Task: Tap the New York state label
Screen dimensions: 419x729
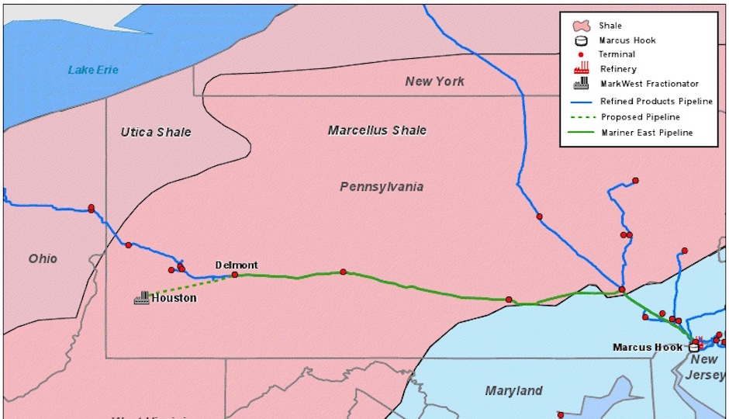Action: [434, 81]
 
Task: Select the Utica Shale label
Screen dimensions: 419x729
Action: [155, 132]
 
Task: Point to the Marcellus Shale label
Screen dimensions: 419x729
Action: [377, 130]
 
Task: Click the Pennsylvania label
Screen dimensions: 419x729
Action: [382, 186]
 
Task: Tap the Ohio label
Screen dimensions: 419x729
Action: [43, 258]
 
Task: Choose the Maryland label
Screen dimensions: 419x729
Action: [513, 390]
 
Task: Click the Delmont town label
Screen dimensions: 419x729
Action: [237, 265]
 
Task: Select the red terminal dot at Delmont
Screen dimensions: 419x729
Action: [235, 275]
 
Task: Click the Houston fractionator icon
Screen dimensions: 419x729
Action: [142, 297]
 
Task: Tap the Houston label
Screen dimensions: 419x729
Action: [174, 298]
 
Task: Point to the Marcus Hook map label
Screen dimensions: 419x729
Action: [648, 347]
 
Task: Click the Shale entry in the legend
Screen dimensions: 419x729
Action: [610, 26]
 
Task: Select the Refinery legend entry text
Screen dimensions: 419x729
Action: [618, 69]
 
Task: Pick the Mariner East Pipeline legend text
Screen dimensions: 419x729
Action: [647, 133]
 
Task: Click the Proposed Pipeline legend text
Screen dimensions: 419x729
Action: [640, 117]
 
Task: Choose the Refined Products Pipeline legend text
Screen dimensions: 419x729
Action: [656, 102]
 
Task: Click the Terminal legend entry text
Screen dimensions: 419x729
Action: [617, 54]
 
